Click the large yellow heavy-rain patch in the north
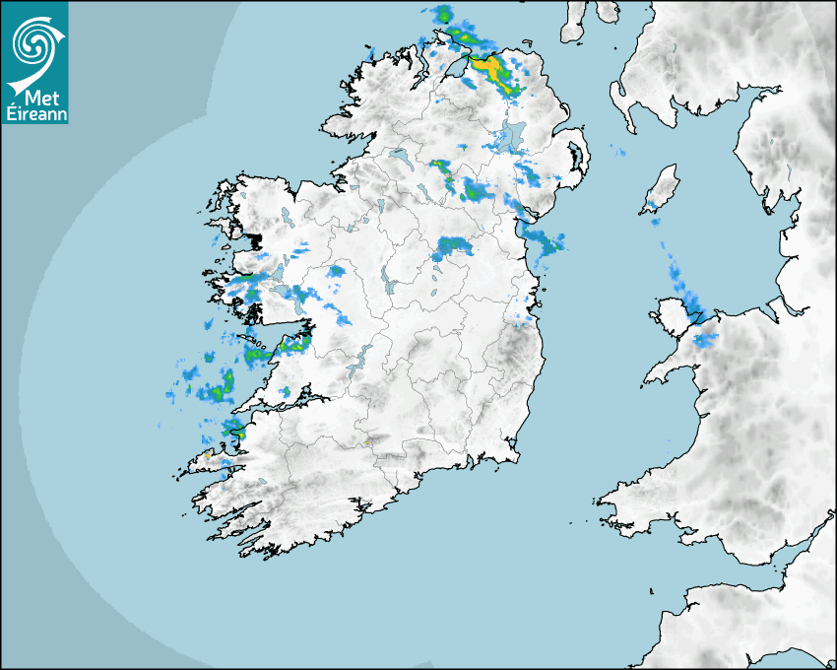pyautogui.click(x=490, y=70)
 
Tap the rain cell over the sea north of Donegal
pyautogui.click(x=443, y=15)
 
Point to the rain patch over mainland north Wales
pyautogui.click(x=706, y=341)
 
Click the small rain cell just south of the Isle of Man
pyautogui.click(x=654, y=221)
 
